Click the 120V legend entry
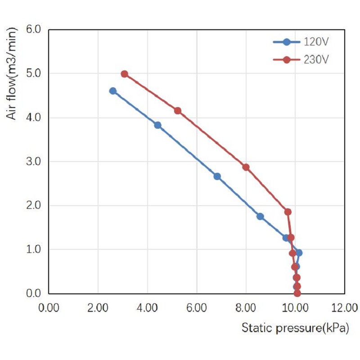(301, 42)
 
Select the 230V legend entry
(301, 60)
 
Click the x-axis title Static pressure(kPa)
(295, 328)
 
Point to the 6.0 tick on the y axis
(34, 29)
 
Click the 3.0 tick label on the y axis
(34, 161)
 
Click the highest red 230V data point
(124, 74)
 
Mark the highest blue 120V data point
(113, 91)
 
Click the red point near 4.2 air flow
(178, 111)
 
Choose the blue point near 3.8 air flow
(157, 125)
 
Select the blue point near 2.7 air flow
(217, 176)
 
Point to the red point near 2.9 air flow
(246, 167)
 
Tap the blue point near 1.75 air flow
(260, 216)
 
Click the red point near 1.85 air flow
(288, 212)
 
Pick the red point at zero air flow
(297, 293)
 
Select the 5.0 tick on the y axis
(34, 73)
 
